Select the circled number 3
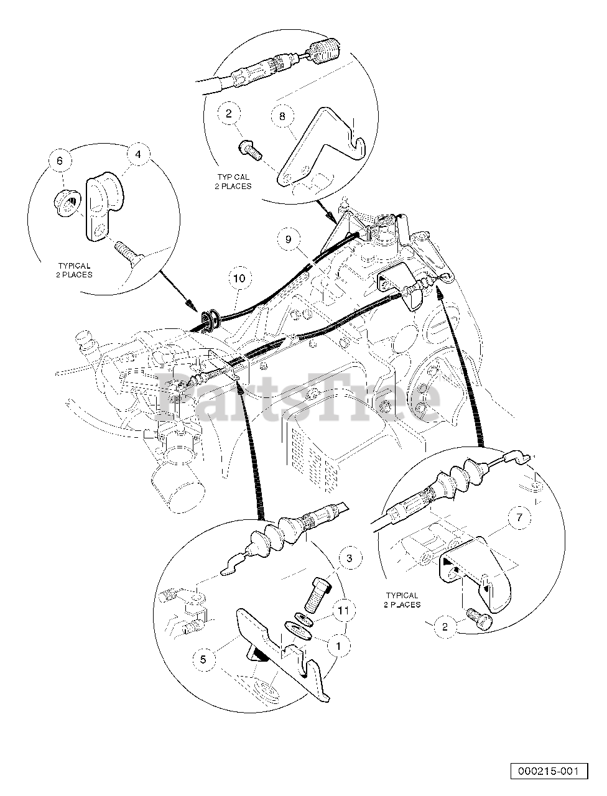pyautogui.click(x=349, y=558)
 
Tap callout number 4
pyautogui.click(x=138, y=154)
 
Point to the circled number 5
pyautogui.click(x=203, y=659)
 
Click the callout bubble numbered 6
pyautogui.click(x=60, y=160)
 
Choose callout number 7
pyautogui.click(x=519, y=517)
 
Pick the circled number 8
pyautogui.click(x=282, y=116)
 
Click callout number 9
pyautogui.click(x=289, y=239)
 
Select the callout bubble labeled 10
pyautogui.click(x=239, y=278)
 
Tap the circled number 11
pyautogui.click(x=343, y=611)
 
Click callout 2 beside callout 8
pyautogui.click(x=228, y=114)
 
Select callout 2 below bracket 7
pyautogui.click(x=445, y=626)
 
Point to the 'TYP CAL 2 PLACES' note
pyautogui.click(x=233, y=182)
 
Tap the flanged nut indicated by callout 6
pyautogui.click(x=67, y=202)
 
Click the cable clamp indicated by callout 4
pyautogui.click(x=104, y=206)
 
